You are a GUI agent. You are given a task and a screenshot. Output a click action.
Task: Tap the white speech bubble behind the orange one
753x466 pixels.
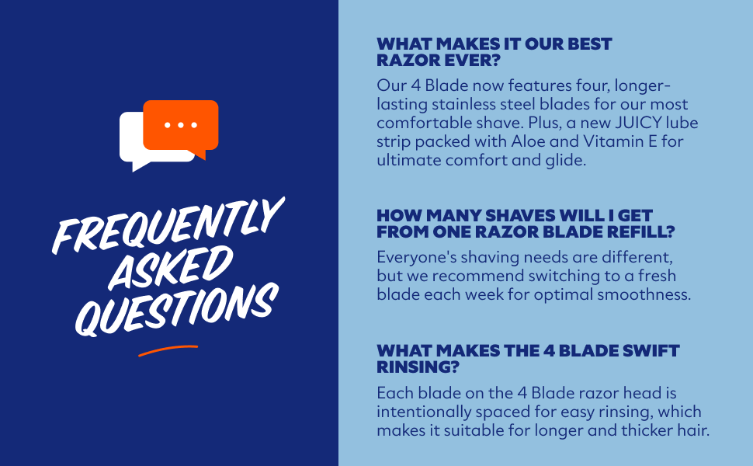[x=132, y=144]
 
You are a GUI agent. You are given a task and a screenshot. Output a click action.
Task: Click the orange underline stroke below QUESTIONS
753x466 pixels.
[x=168, y=350]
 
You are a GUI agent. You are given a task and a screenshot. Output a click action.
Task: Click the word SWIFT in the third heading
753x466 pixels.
[x=649, y=351]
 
